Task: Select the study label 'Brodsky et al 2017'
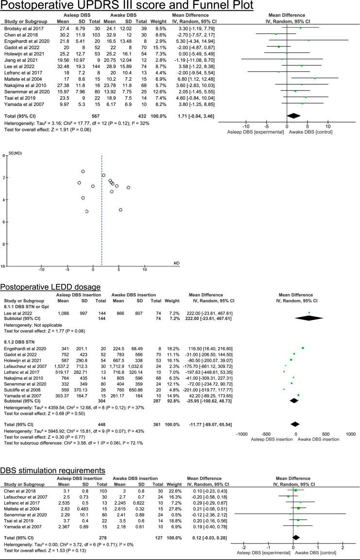coord(22,28)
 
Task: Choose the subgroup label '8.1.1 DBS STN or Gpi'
coord(27,307)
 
